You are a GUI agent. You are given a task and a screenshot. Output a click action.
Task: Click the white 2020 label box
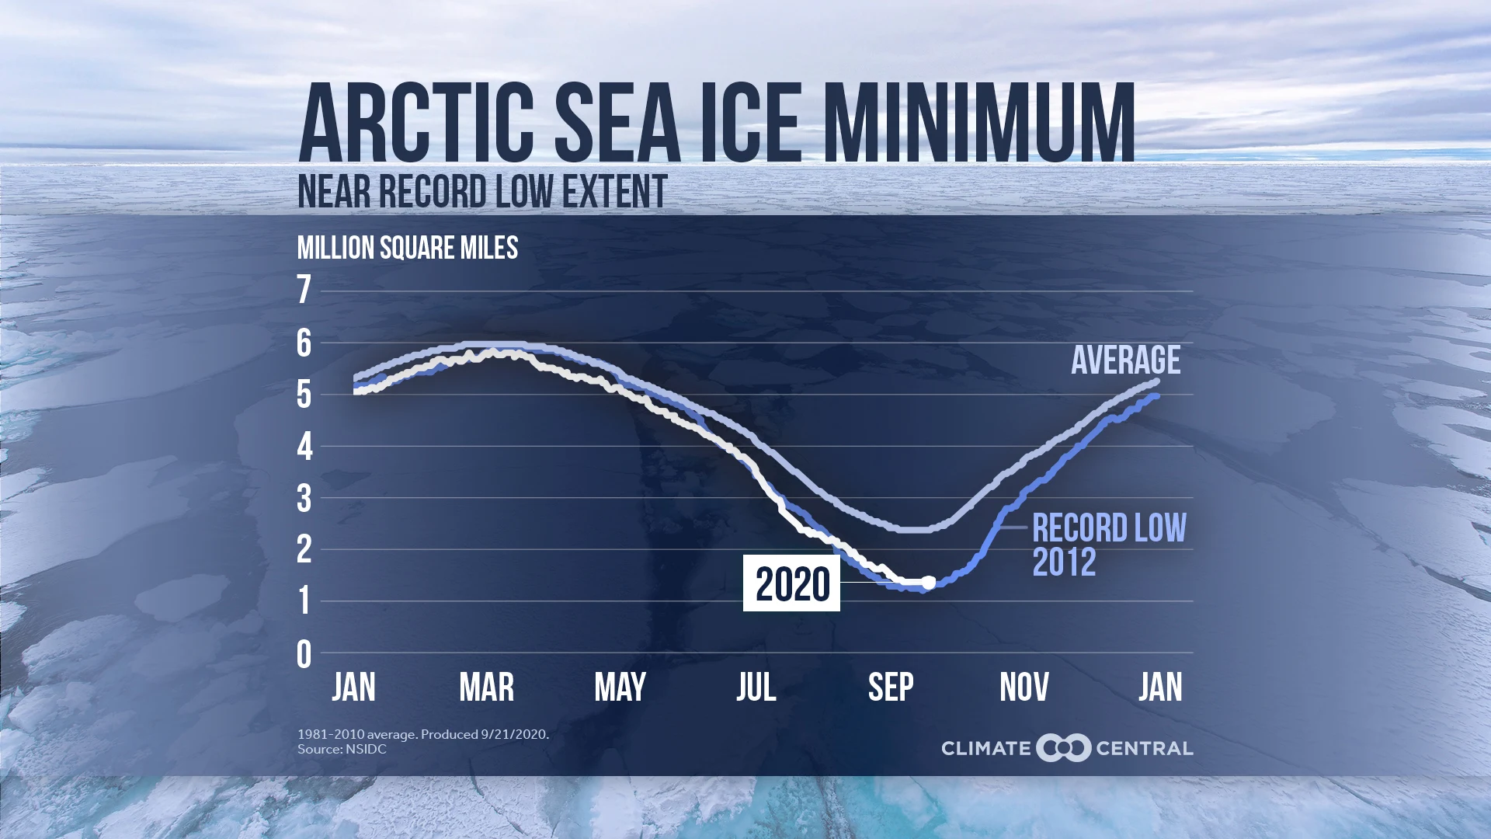coord(791,583)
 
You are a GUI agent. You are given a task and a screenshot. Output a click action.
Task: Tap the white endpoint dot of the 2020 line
coord(928,582)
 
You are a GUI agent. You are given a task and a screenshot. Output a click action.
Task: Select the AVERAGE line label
coord(1125,360)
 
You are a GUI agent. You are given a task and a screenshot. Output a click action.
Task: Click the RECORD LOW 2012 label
coord(1108,545)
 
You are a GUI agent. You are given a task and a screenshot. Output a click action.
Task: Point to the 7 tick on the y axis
coord(304,291)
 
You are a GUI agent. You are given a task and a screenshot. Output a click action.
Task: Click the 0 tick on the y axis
coord(304,655)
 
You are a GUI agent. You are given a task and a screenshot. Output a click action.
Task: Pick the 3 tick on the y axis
coord(304,499)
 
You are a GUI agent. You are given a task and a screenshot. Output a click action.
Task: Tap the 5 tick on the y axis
coord(304,395)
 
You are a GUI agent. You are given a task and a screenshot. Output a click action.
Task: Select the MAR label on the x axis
coord(486,688)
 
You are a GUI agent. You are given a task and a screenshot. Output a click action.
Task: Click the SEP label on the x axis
coord(891,688)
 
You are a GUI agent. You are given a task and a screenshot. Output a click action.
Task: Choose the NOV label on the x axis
coord(1024,688)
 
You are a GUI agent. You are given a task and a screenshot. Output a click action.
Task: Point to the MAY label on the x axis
coord(620,688)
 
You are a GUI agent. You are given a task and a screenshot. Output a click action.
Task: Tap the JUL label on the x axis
coord(756,688)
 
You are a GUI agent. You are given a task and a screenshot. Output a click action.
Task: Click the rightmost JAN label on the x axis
coord(1160,688)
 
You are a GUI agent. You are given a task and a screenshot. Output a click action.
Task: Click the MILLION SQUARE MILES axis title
coord(407,249)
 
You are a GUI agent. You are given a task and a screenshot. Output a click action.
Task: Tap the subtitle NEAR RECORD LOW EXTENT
coord(482,192)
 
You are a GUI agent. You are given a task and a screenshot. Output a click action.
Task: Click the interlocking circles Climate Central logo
coord(1063,748)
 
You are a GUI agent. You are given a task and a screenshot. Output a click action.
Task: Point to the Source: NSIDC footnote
coord(342,750)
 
